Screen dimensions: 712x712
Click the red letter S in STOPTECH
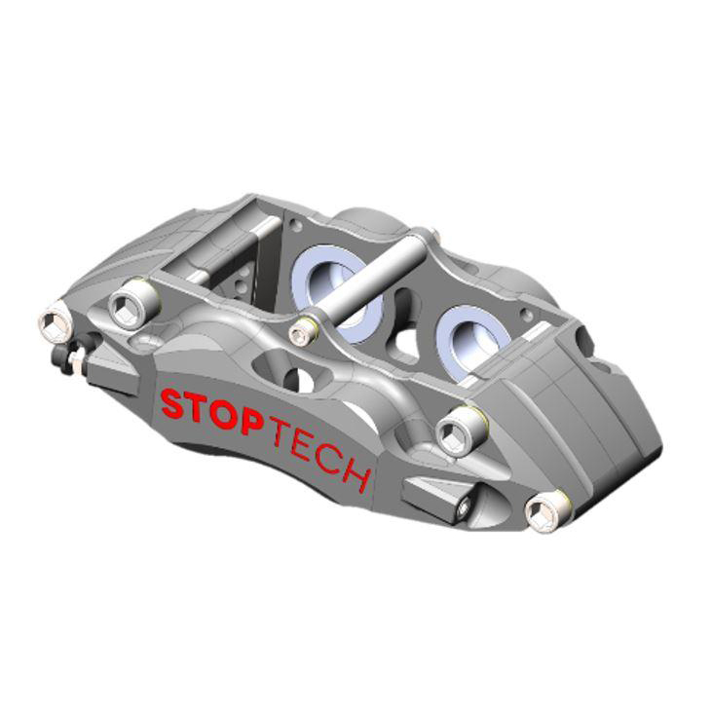point(172,403)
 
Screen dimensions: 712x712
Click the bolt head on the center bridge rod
point(302,333)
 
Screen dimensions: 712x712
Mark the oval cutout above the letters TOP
point(280,374)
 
